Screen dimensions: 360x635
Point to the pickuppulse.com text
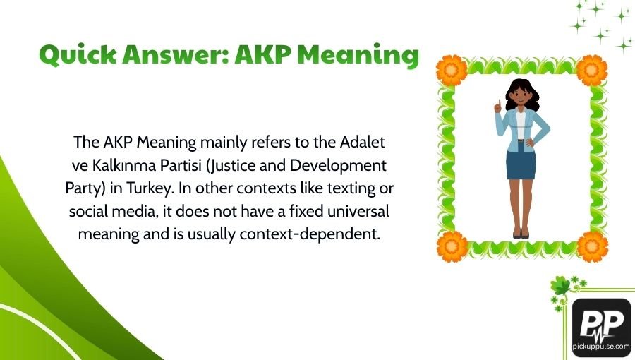(601, 347)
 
